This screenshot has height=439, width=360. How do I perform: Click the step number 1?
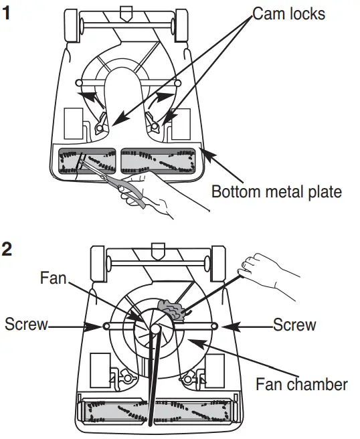coord(7,13)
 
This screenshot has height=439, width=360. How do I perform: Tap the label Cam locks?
coord(288,14)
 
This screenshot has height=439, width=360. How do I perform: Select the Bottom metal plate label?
coord(276,192)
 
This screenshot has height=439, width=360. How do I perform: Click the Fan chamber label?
coord(302,384)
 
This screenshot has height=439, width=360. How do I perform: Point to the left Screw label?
coord(26,325)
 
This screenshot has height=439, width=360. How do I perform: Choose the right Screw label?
coord(294,325)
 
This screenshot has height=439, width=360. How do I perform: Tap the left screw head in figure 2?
coord(106,326)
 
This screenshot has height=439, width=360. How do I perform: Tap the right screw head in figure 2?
coord(214,326)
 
